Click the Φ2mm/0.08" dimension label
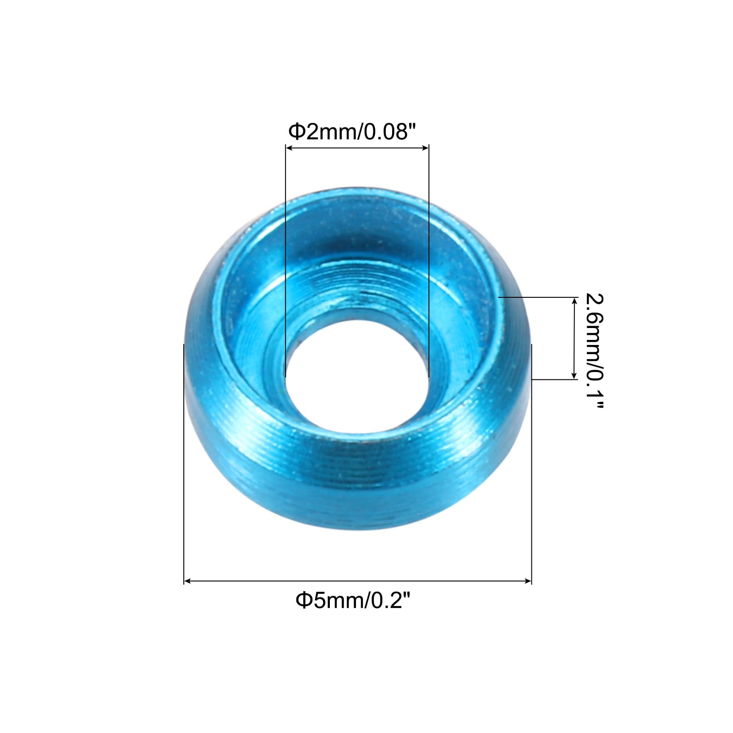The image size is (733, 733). coord(352,131)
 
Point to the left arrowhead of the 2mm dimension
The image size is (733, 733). coord(289,148)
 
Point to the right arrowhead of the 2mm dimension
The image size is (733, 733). coord(426,148)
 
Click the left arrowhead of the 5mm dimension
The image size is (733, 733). coord(187,581)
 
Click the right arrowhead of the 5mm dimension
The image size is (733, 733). coord(528,581)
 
